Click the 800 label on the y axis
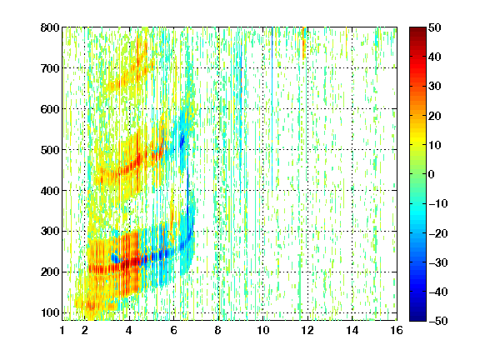click(x=50, y=27)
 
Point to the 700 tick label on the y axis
click(x=50, y=68)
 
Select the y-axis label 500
click(x=50, y=150)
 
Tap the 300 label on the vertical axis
click(x=50, y=232)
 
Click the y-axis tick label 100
click(x=50, y=312)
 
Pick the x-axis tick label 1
click(x=62, y=330)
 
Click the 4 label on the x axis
click(x=129, y=330)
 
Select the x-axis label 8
click(x=218, y=330)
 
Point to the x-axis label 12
click(x=307, y=330)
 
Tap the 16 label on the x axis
click(x=397, y=330)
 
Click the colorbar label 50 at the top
click(x=435, y=27)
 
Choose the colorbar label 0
click(x=432, y=174)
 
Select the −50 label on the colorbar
click(x=438, y=321)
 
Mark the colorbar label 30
click(x=435, y=87)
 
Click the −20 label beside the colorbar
click(x=438, y=233)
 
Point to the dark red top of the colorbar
click(x=417, y=30)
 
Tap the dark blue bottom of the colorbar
click(x=417, y=317)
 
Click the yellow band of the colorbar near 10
click(x=417, y=144)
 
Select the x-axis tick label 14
click(x=352, y=330)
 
